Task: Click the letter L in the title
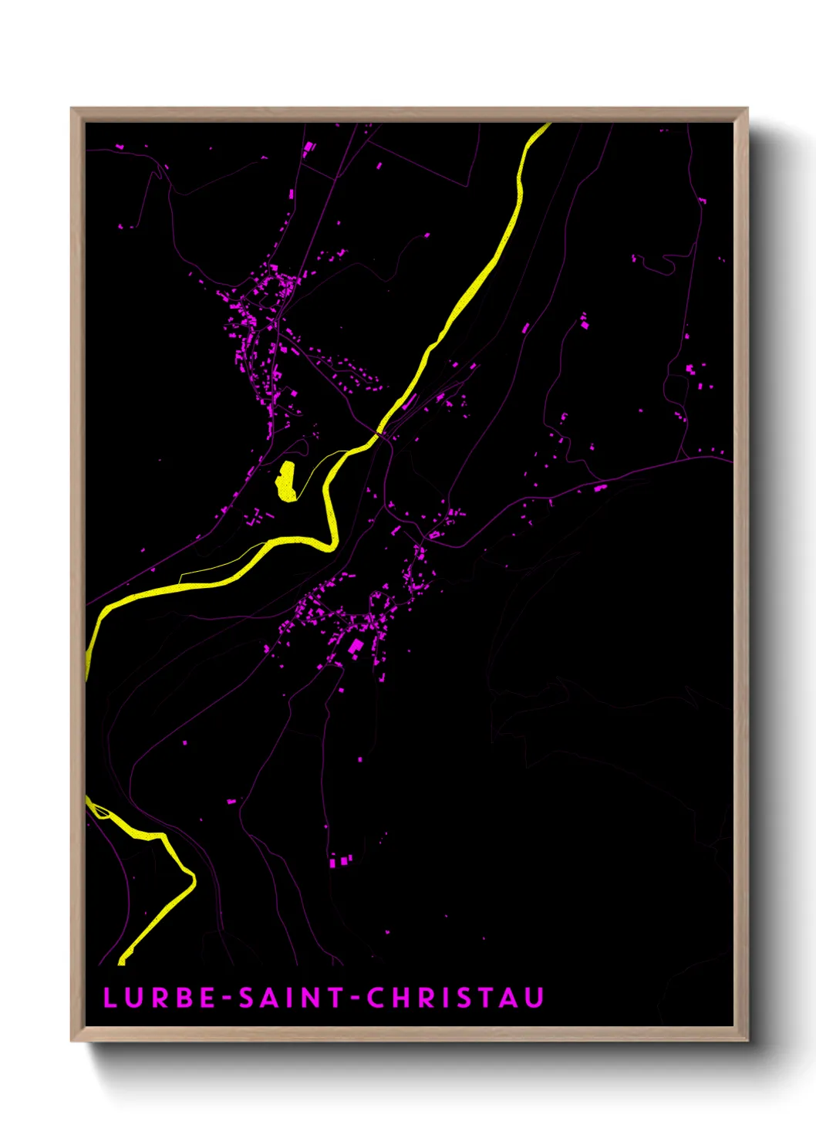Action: point(110,998)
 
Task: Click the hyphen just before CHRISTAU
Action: point(356,998)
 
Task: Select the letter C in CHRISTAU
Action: point(376,998)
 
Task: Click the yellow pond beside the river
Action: point(287,481)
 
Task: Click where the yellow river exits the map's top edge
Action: point(543,125)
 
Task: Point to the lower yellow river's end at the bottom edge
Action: point(122,961)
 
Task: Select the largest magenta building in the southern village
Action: point(356,647)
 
